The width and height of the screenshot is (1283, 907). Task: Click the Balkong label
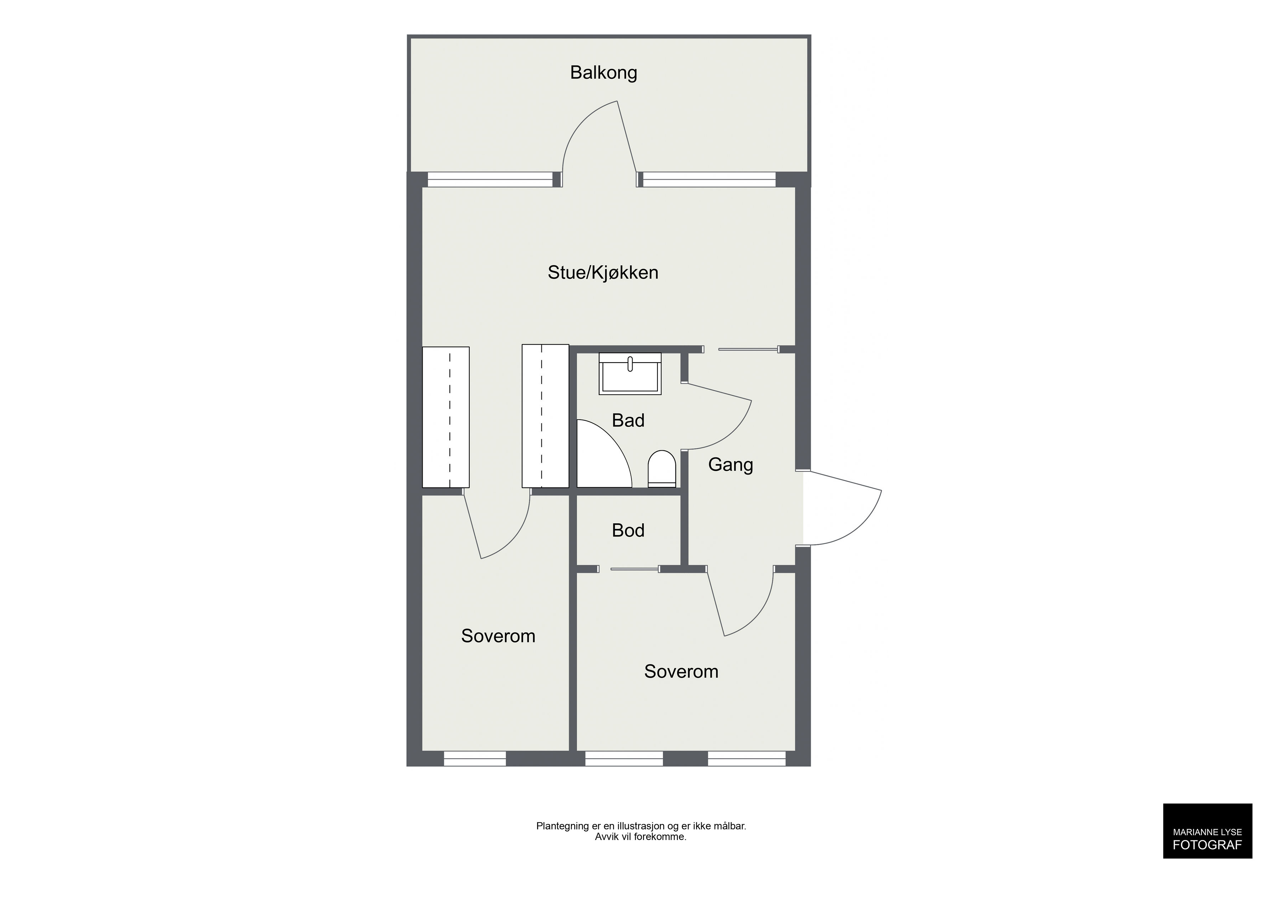pyautogui.click(x=603, y=73)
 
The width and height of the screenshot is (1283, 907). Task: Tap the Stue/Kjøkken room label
pyautogui.click(x=603, y=273)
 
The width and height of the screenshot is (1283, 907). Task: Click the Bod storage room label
pyautogui.click(x=628, y=530)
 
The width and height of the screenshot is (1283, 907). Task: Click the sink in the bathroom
pyautogui.click(x=630, y=374)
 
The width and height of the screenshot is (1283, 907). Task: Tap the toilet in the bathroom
pyautogui.click(x=662, y=468)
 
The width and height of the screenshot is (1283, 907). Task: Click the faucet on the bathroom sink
pyautogui.click(x=630, y=364)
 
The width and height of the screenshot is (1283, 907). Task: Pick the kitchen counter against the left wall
pyautogui.click(x=445, y=417)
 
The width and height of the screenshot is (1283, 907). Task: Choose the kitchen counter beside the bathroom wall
pyautogui.click(x=545, y=416)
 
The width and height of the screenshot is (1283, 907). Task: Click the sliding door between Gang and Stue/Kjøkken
pyautogui.click(x=748, y=349)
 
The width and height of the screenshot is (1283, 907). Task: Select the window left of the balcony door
pyautogui.click(x=490, y=179)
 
